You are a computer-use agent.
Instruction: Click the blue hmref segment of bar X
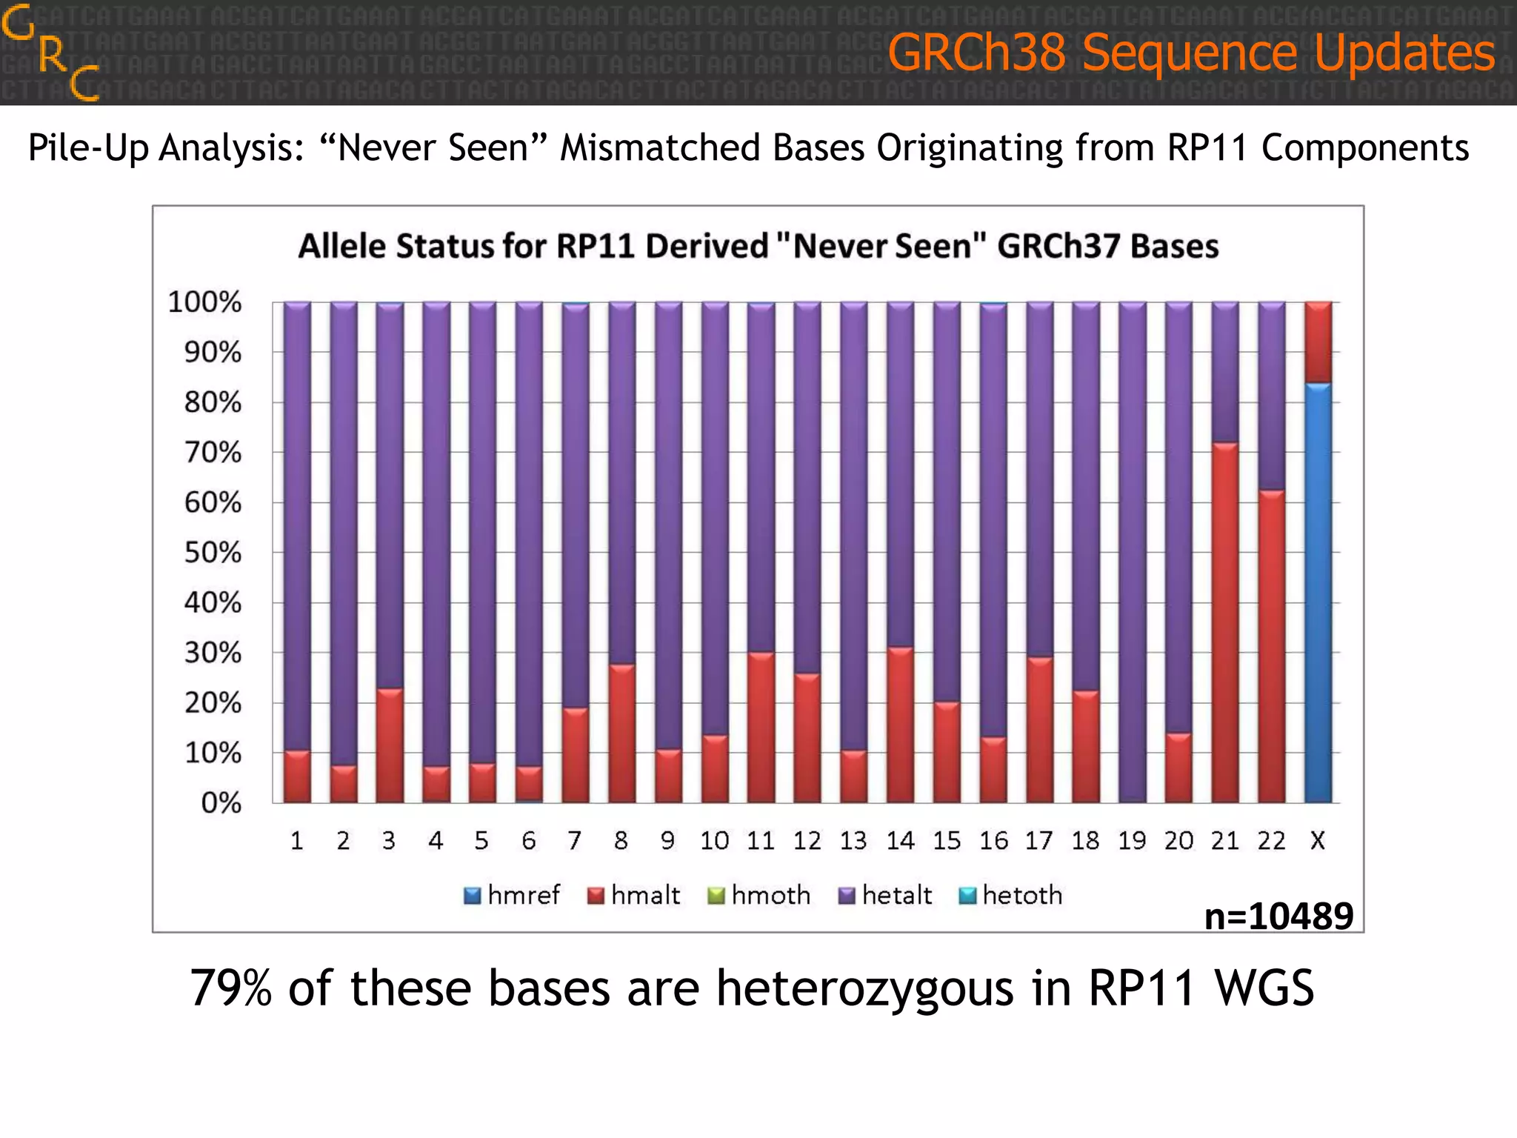click(x=1318, y=593)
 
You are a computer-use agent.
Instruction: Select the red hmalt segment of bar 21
click(x=1224, y=622)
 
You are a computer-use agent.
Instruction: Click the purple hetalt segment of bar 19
click(x=1132, y=552)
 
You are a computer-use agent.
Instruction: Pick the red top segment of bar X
click(x=1318, y=342)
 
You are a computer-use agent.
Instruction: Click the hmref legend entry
click(x=511, y=895)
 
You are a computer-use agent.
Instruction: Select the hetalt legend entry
click(x=885, y=895)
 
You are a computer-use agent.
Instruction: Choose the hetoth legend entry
click(x=1010, y=895)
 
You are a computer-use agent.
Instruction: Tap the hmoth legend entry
click(x=759, y=895)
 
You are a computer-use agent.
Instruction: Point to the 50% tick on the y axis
click(x=213, y=553)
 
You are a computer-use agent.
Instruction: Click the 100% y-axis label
click(x=204, y=302)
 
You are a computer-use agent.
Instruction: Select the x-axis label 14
click(x=900, y=841)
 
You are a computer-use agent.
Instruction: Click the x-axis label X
click(x=1318, y=841)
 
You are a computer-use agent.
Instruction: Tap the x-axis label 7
click(x=574, y=841)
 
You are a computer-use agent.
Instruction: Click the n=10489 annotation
click(x=1278, y=916)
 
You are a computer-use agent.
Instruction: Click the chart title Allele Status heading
click(x=758, y=246)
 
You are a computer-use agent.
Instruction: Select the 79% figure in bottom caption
click(x=231, y=988)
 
